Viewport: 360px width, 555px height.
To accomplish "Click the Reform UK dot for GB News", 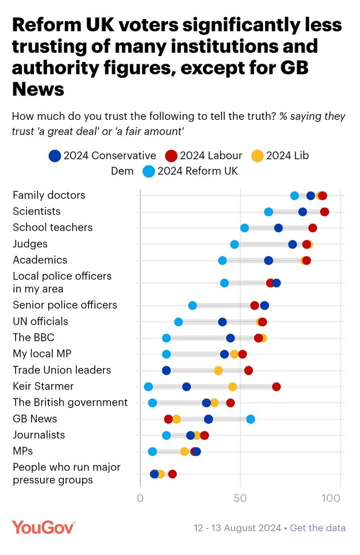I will click(251, 419).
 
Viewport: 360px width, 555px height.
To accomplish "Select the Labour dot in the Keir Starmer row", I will click(276, 387).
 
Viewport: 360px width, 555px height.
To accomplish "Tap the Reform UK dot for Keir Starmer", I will click(148, 387).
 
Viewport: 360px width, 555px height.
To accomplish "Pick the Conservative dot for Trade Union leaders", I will click(166, 371).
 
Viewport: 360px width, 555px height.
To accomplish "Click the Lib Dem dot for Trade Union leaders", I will click(219, 371).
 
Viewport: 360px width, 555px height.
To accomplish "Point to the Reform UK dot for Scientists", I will click(268, 211).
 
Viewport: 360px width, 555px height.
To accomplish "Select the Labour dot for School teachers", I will click(313, 228).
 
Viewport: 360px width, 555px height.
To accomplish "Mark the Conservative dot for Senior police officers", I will click(265, 305).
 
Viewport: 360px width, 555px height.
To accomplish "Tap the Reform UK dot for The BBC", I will click(166, 338).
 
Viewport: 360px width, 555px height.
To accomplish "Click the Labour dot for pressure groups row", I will click(173, 474).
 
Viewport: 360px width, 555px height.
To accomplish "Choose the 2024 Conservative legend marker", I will click(54, 156).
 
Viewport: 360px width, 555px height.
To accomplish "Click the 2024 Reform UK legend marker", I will click(149, 171).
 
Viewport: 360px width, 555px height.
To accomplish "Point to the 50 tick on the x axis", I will click(240, 498).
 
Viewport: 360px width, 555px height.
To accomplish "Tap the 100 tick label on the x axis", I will click(331, 498).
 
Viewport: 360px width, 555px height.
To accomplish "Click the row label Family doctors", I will click(49, 195).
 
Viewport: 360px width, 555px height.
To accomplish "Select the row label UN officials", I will click(40, 321).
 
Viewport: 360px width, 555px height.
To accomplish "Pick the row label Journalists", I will click(39, 435).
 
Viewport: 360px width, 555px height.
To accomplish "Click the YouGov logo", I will click(43, 527).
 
